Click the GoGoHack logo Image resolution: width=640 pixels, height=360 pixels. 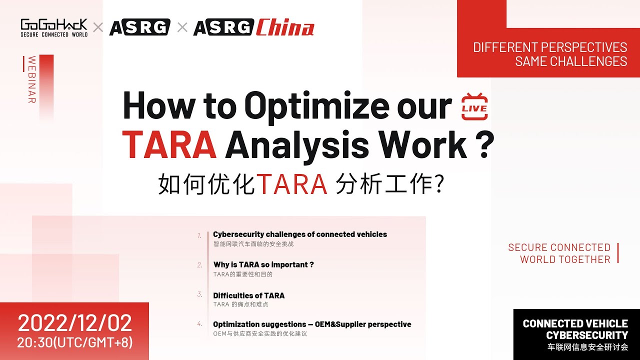click(x=54, y=27)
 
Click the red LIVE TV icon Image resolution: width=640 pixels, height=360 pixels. click(x=474, y=106)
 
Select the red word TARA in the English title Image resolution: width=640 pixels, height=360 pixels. click(x=169, y=143)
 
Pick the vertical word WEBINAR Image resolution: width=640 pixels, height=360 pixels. click(x=32, y=79)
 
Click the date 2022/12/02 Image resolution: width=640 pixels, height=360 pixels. click(x=75, y=323)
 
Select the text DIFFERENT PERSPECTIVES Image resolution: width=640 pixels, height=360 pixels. click(x=550, y=47)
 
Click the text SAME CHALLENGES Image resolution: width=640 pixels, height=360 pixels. click(x=571, y=61)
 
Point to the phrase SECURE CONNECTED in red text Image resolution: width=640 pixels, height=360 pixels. click(x=559, y=247)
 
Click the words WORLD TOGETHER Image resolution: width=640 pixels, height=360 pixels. click(x=565, y=259)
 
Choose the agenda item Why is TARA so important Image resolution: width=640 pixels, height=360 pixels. click(x=263, y=264)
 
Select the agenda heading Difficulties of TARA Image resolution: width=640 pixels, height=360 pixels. click(x=249, y=295)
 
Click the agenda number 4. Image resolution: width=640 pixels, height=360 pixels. click(x=199, y=324)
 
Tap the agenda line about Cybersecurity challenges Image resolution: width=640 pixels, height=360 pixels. click(x=300, y=234)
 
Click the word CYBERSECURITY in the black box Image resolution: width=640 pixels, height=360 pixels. click(x=586, y=335)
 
